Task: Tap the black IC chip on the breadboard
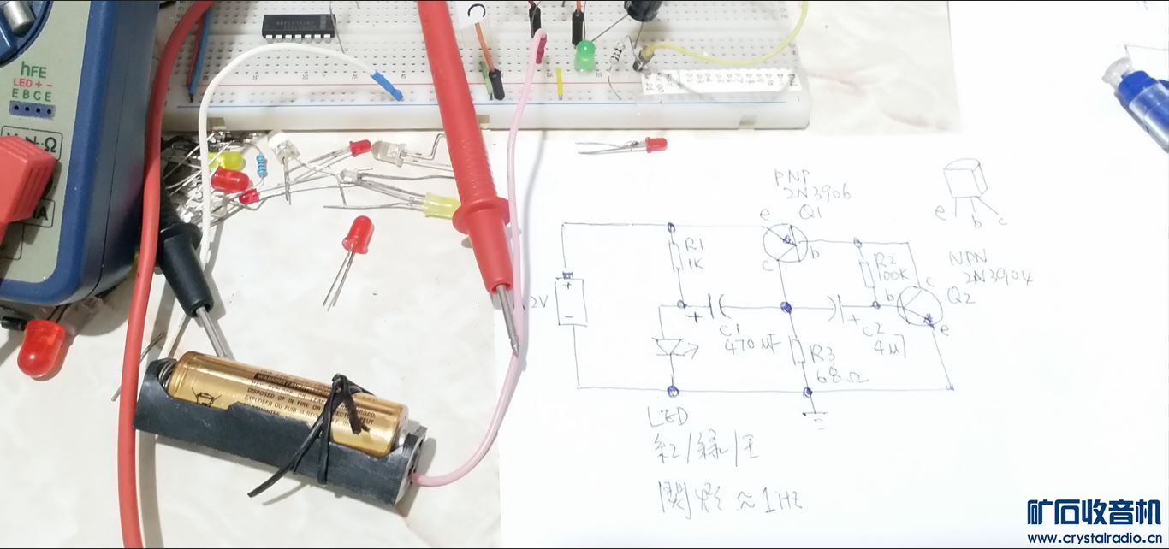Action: click(x=299, y=26)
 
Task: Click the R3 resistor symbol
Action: click(x=796, y=351)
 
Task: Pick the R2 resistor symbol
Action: click(x=867, y=274)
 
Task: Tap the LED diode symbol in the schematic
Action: click(x=668, y=347)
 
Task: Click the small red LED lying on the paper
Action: click(x=655, y=145)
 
